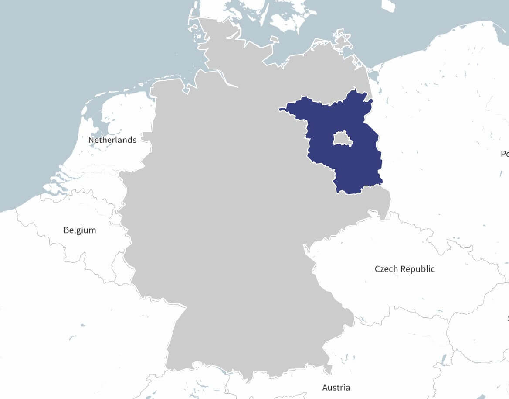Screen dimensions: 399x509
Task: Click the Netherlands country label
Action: pyautogui.click(x=112, y=140)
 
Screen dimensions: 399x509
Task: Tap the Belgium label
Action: pyautogui.click(x=80, y=230)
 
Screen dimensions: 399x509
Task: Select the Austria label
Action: pyautogui.click(x=336, y=387)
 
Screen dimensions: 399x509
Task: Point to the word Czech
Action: pyautogui.click(x=386, y=269)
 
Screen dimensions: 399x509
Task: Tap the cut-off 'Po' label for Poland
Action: pyautogui.click(x=505, y=154)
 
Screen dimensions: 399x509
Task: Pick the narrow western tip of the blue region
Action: pyautogui.click(x=282, y=109)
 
